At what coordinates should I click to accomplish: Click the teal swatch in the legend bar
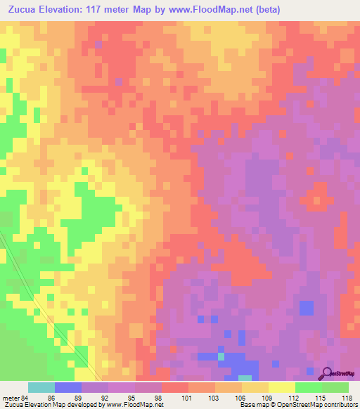[41, 387]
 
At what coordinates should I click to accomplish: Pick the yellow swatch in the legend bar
[281, 387]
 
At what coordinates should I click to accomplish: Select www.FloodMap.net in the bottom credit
[134, 405]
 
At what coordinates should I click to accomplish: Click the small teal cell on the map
[221, 357]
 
